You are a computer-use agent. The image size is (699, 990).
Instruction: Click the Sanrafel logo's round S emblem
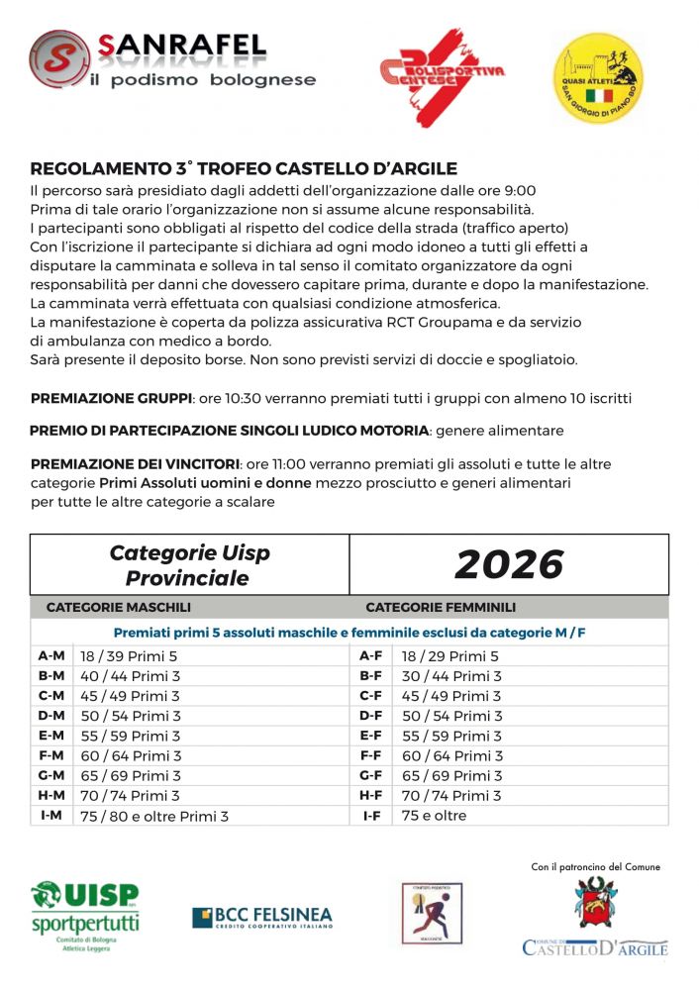point(58,58)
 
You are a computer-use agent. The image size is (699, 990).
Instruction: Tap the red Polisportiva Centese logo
point(442,75)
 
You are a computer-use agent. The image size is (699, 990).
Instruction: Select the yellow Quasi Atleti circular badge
point(597,76)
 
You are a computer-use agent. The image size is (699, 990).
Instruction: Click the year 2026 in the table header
point(509,564)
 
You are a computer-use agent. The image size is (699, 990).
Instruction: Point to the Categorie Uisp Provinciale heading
point(189,565)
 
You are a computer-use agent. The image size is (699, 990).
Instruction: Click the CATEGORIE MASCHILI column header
point(119,607)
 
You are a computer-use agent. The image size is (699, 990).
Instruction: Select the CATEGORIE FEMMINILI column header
point(441,607)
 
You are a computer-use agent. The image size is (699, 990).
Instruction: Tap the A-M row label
point(50,655)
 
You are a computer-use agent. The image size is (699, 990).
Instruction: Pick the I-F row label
point(371,816)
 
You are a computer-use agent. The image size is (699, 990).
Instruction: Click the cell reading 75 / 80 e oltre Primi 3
point(154,816)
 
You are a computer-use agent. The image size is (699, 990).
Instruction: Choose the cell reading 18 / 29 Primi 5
point(449,655)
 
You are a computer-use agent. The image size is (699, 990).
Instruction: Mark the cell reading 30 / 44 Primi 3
point(450,676)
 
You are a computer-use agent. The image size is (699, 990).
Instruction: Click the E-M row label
point(50,736)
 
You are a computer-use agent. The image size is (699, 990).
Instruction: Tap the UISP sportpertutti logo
point(85,917)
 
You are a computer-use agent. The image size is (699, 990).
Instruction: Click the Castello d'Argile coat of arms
point(595,902)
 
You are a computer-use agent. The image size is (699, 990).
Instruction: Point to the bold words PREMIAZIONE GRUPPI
point(111,398)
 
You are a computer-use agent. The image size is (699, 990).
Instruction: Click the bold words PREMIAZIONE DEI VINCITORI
point(135,463)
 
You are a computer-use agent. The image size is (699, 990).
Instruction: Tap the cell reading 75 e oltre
point(434,816)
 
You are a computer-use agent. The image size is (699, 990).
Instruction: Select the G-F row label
point(371,775)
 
